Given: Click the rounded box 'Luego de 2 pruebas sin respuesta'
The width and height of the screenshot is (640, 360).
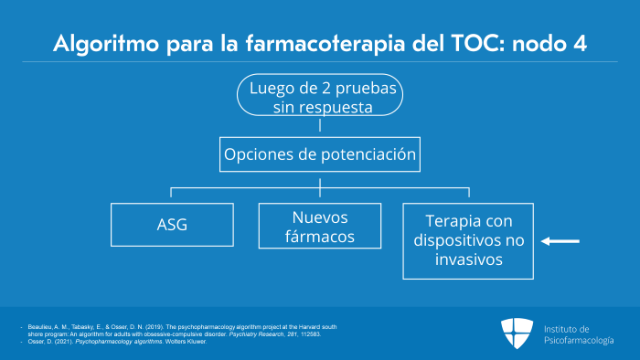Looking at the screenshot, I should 320,95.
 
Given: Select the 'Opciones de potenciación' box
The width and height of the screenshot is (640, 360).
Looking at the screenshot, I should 320,154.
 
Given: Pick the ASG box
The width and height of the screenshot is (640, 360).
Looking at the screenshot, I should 172,224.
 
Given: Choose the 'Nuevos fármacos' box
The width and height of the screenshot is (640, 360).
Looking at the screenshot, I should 320,228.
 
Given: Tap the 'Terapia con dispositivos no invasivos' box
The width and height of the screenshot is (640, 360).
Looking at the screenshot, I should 469,239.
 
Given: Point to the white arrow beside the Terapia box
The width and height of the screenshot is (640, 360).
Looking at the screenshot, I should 560,241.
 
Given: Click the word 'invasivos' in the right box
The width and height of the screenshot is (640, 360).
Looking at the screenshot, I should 469,259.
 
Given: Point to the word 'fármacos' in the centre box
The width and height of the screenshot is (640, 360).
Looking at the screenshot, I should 320,238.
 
